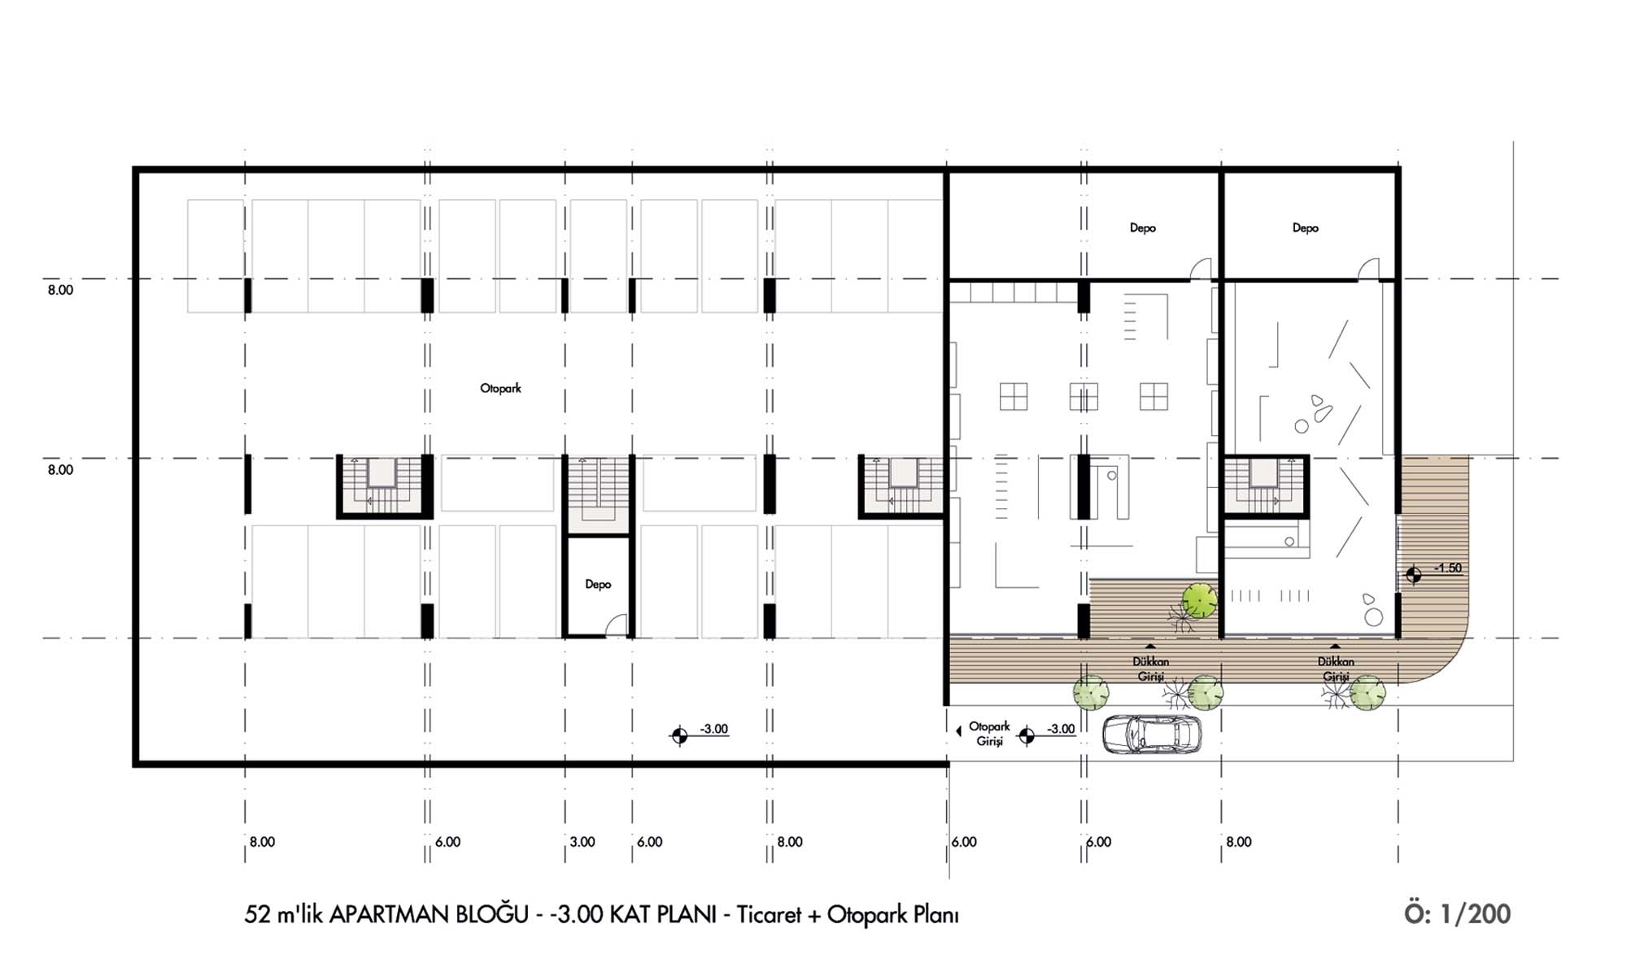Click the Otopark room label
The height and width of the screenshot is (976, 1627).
(500, 389)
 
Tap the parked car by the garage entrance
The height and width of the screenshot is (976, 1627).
(1152, 734)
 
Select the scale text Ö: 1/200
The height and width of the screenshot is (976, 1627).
(1457, 913)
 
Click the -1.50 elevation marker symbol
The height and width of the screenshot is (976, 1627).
(1414, 576)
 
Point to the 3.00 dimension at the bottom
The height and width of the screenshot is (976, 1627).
(582, 842)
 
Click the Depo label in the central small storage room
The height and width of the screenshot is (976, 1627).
(598, 585)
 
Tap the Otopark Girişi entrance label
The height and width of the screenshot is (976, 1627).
(989, 734)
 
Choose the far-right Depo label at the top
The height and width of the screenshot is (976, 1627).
(1305, 229)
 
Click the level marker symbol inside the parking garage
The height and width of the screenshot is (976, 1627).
(679, 736)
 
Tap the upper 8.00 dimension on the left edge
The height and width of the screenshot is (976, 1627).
(60, 290)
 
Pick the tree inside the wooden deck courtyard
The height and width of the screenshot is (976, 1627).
(1199, 601)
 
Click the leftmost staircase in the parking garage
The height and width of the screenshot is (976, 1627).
(384, 486)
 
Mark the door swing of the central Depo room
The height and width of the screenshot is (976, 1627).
(618, 625)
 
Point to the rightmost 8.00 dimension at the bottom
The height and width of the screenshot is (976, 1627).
(1239, 842)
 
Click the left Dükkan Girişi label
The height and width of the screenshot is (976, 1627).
(1150, 669)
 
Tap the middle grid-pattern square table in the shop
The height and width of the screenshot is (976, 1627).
(1084, 397)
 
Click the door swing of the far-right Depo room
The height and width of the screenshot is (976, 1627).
(1368, 269)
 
